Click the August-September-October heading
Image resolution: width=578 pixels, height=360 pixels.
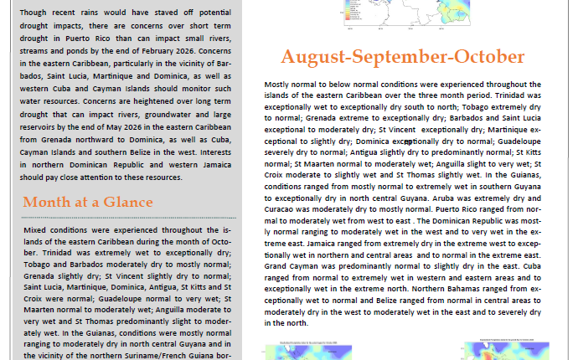[x=402, y=57]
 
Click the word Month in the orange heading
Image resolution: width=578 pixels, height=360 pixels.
[x=44, y=203]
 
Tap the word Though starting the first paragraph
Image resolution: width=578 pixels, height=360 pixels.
[x=37, y=14]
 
